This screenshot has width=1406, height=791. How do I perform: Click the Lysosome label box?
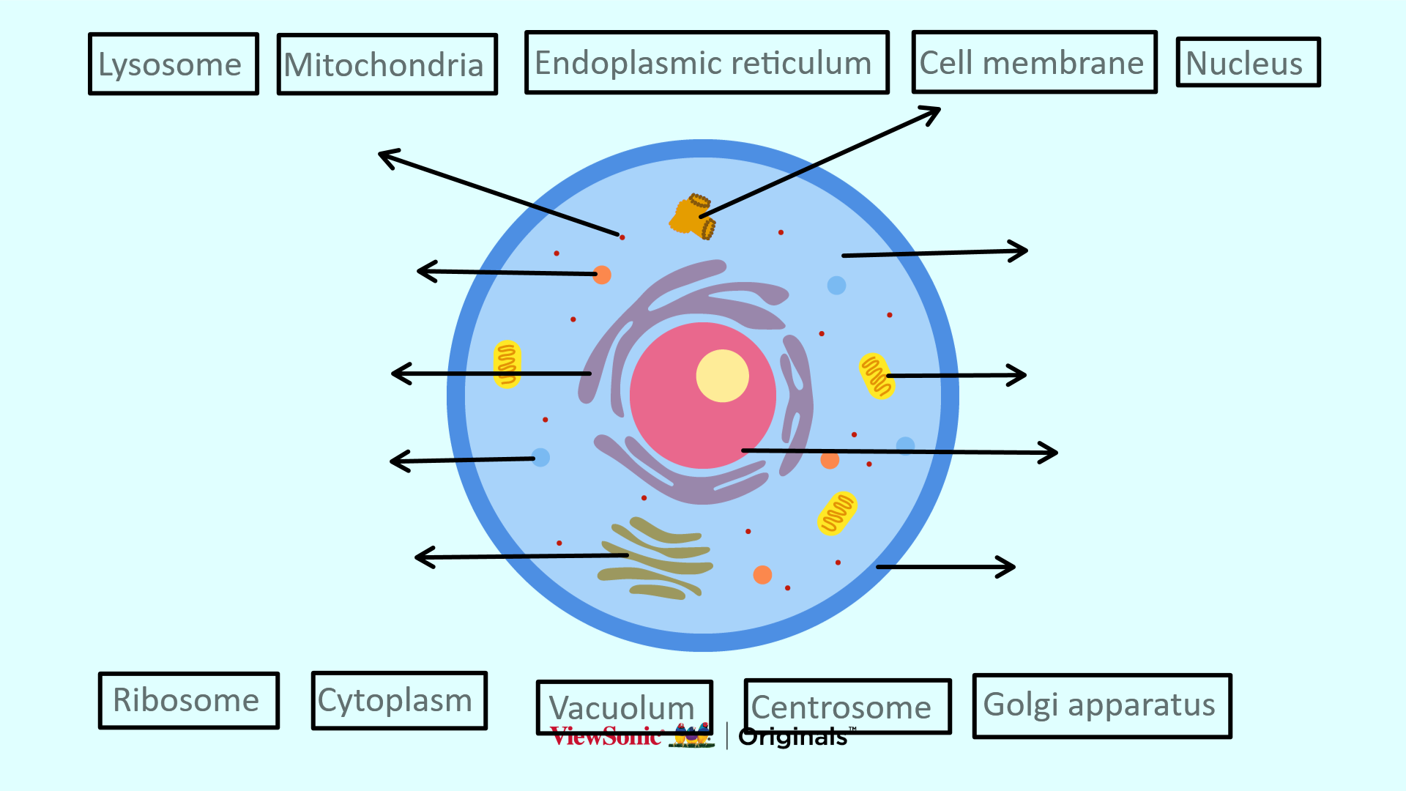[x=174, y=64]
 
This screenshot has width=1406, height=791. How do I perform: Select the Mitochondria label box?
[x=387, y=64]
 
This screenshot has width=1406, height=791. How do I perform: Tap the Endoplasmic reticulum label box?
[x=707, y=63]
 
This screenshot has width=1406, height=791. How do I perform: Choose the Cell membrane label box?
[x=1034, y=62]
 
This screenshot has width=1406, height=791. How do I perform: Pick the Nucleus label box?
[x=1248, y=62]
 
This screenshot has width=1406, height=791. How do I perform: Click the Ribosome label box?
[x=189, y=700]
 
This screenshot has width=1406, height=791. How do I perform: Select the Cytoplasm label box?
[x=399, y=700]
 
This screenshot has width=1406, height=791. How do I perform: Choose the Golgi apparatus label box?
[x=1102, y=705]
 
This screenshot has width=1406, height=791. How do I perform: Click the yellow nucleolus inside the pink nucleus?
[x=722, y=376]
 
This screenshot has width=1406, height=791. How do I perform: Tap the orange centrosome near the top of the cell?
[x=691, y=217]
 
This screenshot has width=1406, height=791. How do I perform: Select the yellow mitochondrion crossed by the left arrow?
[x=507, y=363]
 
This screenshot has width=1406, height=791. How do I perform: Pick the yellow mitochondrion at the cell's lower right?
[x=837, y=513]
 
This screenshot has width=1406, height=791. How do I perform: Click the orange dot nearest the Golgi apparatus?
[x=762, y=574]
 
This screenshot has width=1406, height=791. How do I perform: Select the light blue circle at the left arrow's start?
[x=540, y=458]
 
